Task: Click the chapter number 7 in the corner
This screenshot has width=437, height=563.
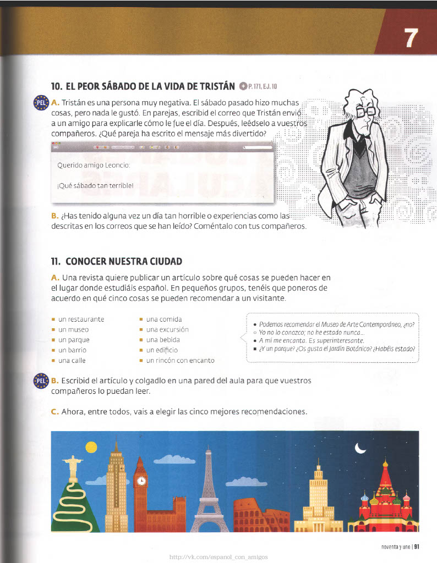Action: click(x=411, y=38)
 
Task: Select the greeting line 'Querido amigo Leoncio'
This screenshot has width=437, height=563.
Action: click(x=93, y=165)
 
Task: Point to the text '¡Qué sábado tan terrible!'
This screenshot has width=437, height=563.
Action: click(x=95, y=185)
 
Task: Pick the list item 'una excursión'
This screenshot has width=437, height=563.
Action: click(x=167, y=329)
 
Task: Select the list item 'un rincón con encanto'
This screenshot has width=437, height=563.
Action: click(x=180, y=361)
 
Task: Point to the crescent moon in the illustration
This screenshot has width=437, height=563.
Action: click(x=360, y=449)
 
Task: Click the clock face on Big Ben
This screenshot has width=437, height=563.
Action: click(x=141, y=481)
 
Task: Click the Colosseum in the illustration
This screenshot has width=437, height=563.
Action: click(x=261, y=517)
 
